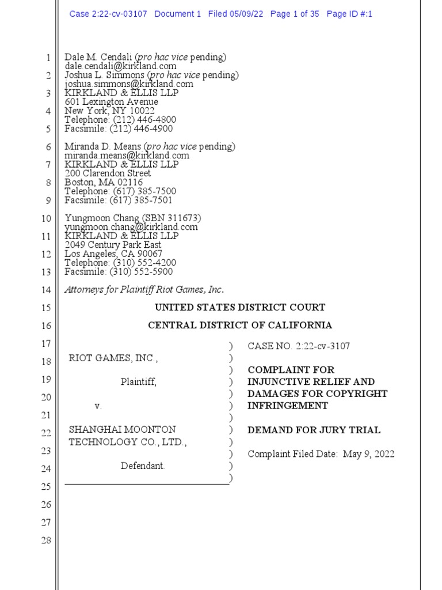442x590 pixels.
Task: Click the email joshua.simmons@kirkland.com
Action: click(x=129, y=84)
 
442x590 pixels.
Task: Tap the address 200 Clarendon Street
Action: click(x=108, y=173)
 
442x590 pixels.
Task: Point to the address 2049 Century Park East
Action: click(x=113, y=245)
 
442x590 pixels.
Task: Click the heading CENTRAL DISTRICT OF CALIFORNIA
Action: click(x=240, y=326)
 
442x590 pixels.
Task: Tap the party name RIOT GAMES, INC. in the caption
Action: click(x=113, y=358)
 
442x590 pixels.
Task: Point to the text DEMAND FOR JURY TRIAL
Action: click(x=314, y=430)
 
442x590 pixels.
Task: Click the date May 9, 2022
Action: click(x=369, y=454)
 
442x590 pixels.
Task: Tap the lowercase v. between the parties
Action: click(x=98, y=406)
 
